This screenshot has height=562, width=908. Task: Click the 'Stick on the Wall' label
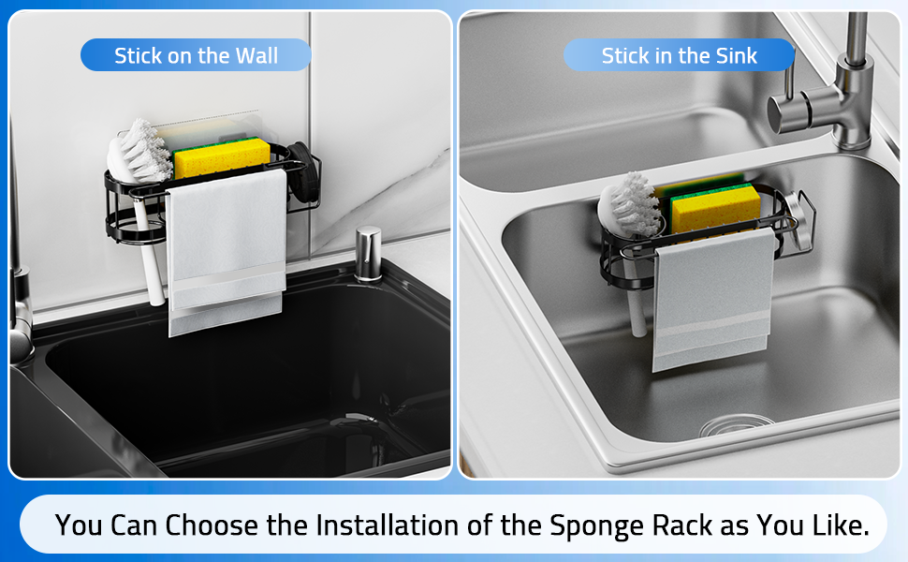[196, 56]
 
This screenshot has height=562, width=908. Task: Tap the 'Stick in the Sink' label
[679, 56]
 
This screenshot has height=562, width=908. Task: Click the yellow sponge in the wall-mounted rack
[221, 156]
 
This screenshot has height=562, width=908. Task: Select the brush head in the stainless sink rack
[628, 204]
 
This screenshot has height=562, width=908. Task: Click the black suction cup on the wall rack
[301, 170]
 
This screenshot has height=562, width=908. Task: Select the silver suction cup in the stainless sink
[796, 212]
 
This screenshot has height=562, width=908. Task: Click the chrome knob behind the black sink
[368, 254]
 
